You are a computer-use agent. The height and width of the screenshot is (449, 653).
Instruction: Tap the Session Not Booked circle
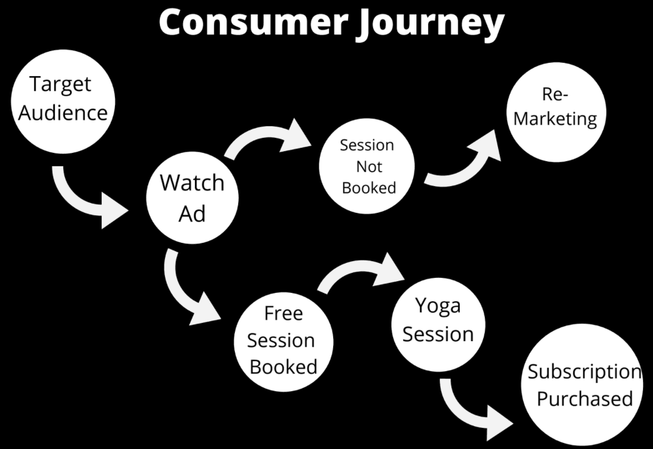click(x=367, y=166)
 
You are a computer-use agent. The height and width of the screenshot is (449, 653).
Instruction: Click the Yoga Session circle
click(x=438, y=323)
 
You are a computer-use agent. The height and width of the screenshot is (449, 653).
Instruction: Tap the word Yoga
click(x=438, y=306)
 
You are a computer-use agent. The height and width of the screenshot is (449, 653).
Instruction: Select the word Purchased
click(x=585, y=399)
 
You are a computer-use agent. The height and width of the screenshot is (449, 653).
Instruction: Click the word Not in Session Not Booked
click(x=369, y=166)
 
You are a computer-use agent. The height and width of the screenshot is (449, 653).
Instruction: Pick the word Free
click(x=283, y=313)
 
